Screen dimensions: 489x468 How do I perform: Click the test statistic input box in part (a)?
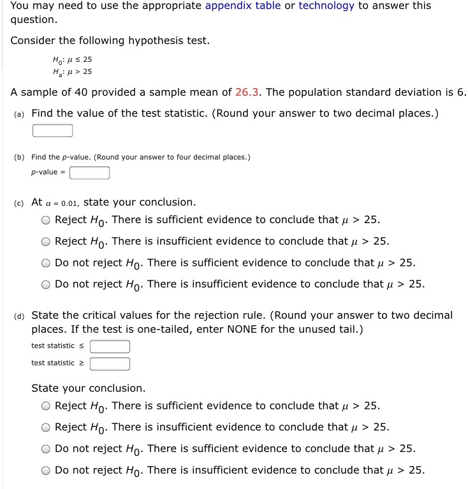pyautogui.click(x=53, y=131)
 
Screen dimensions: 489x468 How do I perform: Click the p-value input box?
pyautogui.click(x=90, y=173)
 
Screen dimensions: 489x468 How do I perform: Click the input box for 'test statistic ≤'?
pyautogui.click(x=110, y=346)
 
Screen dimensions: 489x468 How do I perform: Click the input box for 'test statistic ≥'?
pyautogui.click(x=110, y=363)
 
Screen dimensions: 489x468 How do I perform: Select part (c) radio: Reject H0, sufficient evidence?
pyautogui.click(x=47, y=221)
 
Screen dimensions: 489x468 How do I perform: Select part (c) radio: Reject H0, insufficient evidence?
pyautogui.click(x=47, y=242)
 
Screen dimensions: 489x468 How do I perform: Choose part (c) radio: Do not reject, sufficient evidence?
pyautogui.click(x=47, y=263)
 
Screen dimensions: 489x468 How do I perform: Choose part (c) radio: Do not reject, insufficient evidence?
pyautogui.click(x=47, y=285)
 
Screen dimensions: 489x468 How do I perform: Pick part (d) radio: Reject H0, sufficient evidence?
pyautogui.click(x=47, y=406)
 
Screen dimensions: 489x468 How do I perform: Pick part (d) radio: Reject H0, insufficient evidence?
pyautogui.click(x=47, y=428)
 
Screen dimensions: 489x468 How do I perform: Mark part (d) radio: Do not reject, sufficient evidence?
pyautogui.click(x=47, y=449)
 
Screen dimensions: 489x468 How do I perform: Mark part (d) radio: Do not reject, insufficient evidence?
pyautogui.click(x=47, y=471)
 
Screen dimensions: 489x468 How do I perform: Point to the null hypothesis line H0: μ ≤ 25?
pyautogui.click(x=72, y=59)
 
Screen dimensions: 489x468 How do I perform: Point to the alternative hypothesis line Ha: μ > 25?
pyautogui.click(x=72, y=71)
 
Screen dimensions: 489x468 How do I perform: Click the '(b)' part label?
pyautogui.click(x=18, y=157)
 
